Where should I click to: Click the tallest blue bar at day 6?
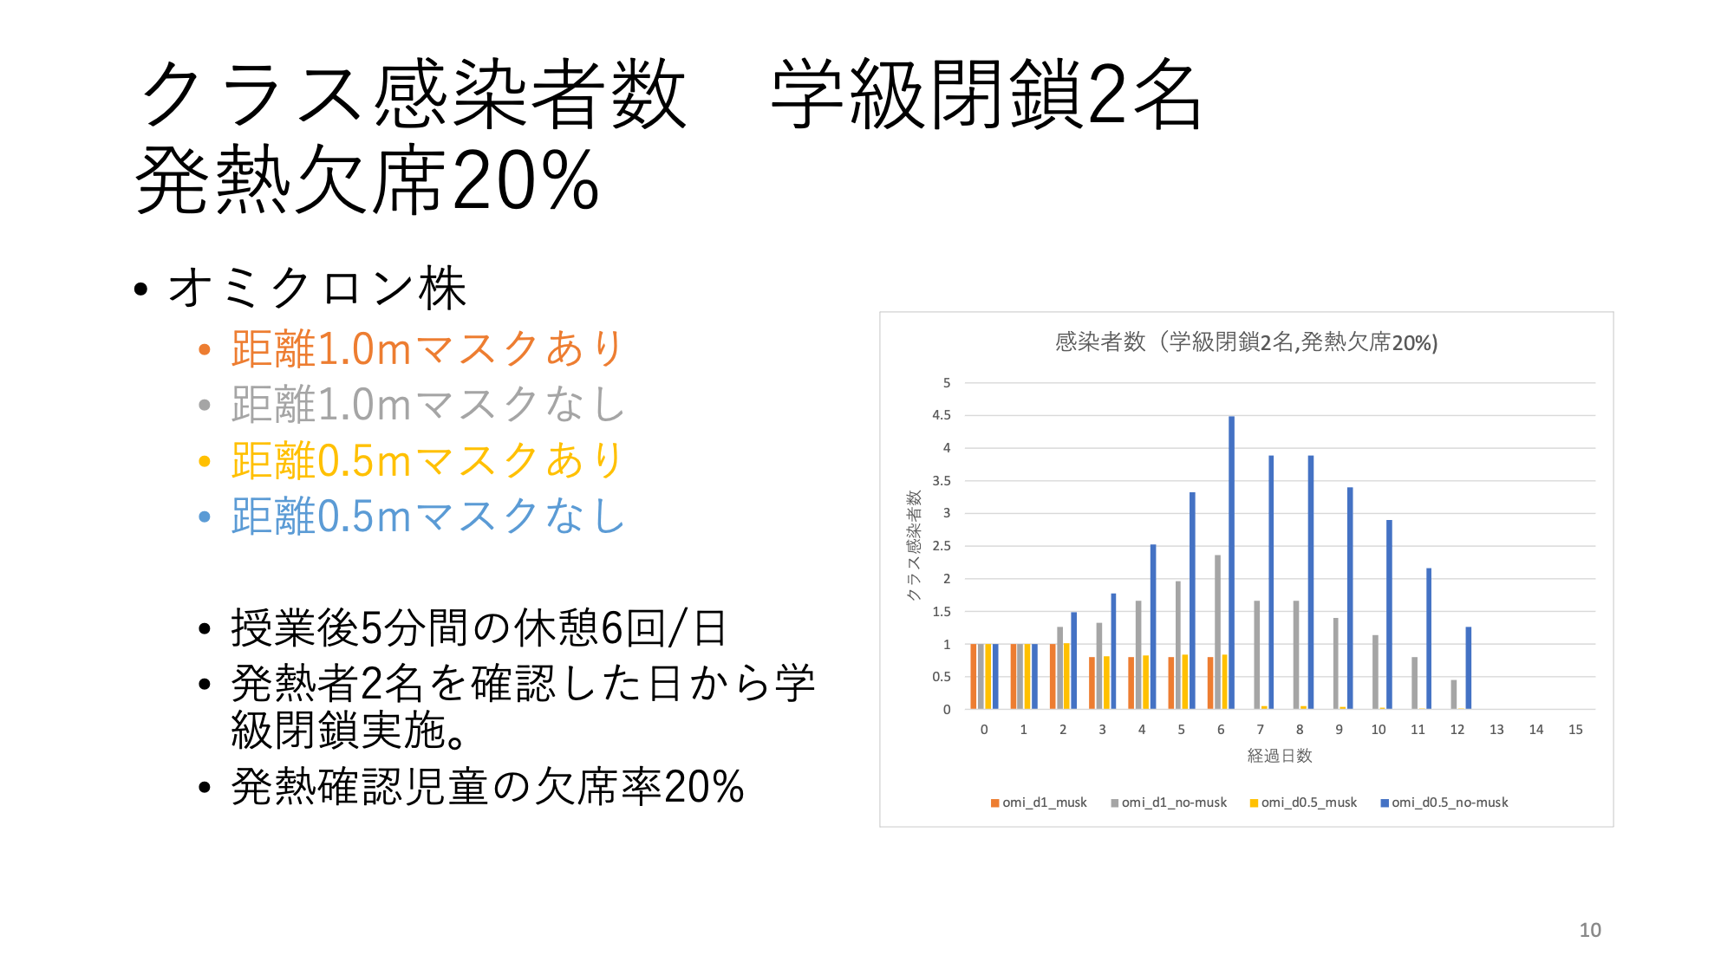[x=1231, y=562]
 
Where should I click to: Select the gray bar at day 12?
[x=1454, y=694]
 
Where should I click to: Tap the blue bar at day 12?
[x=1469, y=668]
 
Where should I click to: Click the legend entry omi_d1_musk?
[x=1039, y=803]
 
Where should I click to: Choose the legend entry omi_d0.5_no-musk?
[x=1444, y=803]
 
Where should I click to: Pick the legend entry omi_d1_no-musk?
[x=1169, y=803]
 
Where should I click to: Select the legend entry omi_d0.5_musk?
[x=1303, y=803]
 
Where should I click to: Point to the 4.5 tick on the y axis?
[x=942, y=415]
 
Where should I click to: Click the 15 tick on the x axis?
[x=1575, y=730]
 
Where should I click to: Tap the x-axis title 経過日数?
[x=1280, y=756]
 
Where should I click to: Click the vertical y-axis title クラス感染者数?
[x=913, y=545]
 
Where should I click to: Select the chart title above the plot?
[x=1246, y=342]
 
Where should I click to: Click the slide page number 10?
[x=1590, y=930]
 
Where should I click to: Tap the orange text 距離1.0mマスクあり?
[x=427, y=348]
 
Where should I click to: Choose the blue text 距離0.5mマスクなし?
[x=427, y=516]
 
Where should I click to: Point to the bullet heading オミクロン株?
[x=316, y=288]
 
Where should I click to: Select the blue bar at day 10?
[x=1389, y=614]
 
